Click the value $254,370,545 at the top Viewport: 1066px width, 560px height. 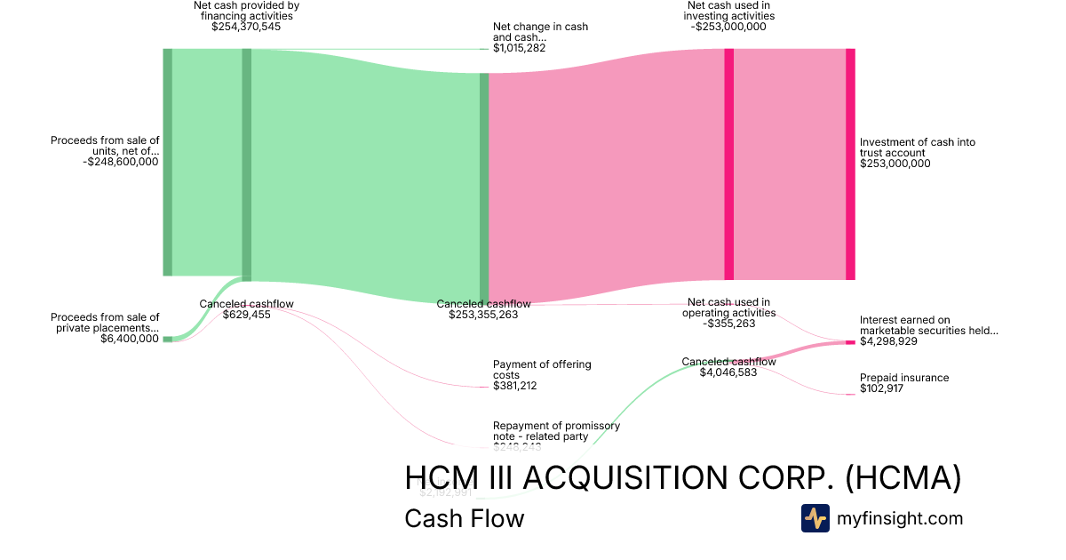coord(246,27)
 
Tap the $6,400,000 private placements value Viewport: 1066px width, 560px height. coord(130,339)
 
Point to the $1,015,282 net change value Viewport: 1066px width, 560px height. coord(519,48)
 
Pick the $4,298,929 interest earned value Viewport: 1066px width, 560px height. coord(888,341)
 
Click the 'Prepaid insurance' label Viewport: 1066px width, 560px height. coord(903,378)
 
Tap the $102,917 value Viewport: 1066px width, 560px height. coord(881,389)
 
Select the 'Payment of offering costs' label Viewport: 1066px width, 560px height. coord(541,370)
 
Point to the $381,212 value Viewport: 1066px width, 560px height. coord(515,386)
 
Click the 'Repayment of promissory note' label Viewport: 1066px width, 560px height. coord(556,431)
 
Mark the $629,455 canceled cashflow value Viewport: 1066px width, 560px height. coord(246,315)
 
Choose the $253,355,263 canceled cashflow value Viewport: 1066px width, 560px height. coord(483,315)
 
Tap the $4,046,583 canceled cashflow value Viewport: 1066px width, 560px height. coord(728,372)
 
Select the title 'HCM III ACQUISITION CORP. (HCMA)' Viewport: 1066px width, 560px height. coord(682,478)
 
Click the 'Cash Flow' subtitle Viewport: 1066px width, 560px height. coord(464,518)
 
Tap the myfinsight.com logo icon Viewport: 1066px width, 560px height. coord(815,518)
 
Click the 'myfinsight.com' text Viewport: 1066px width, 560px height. coord(900,518)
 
